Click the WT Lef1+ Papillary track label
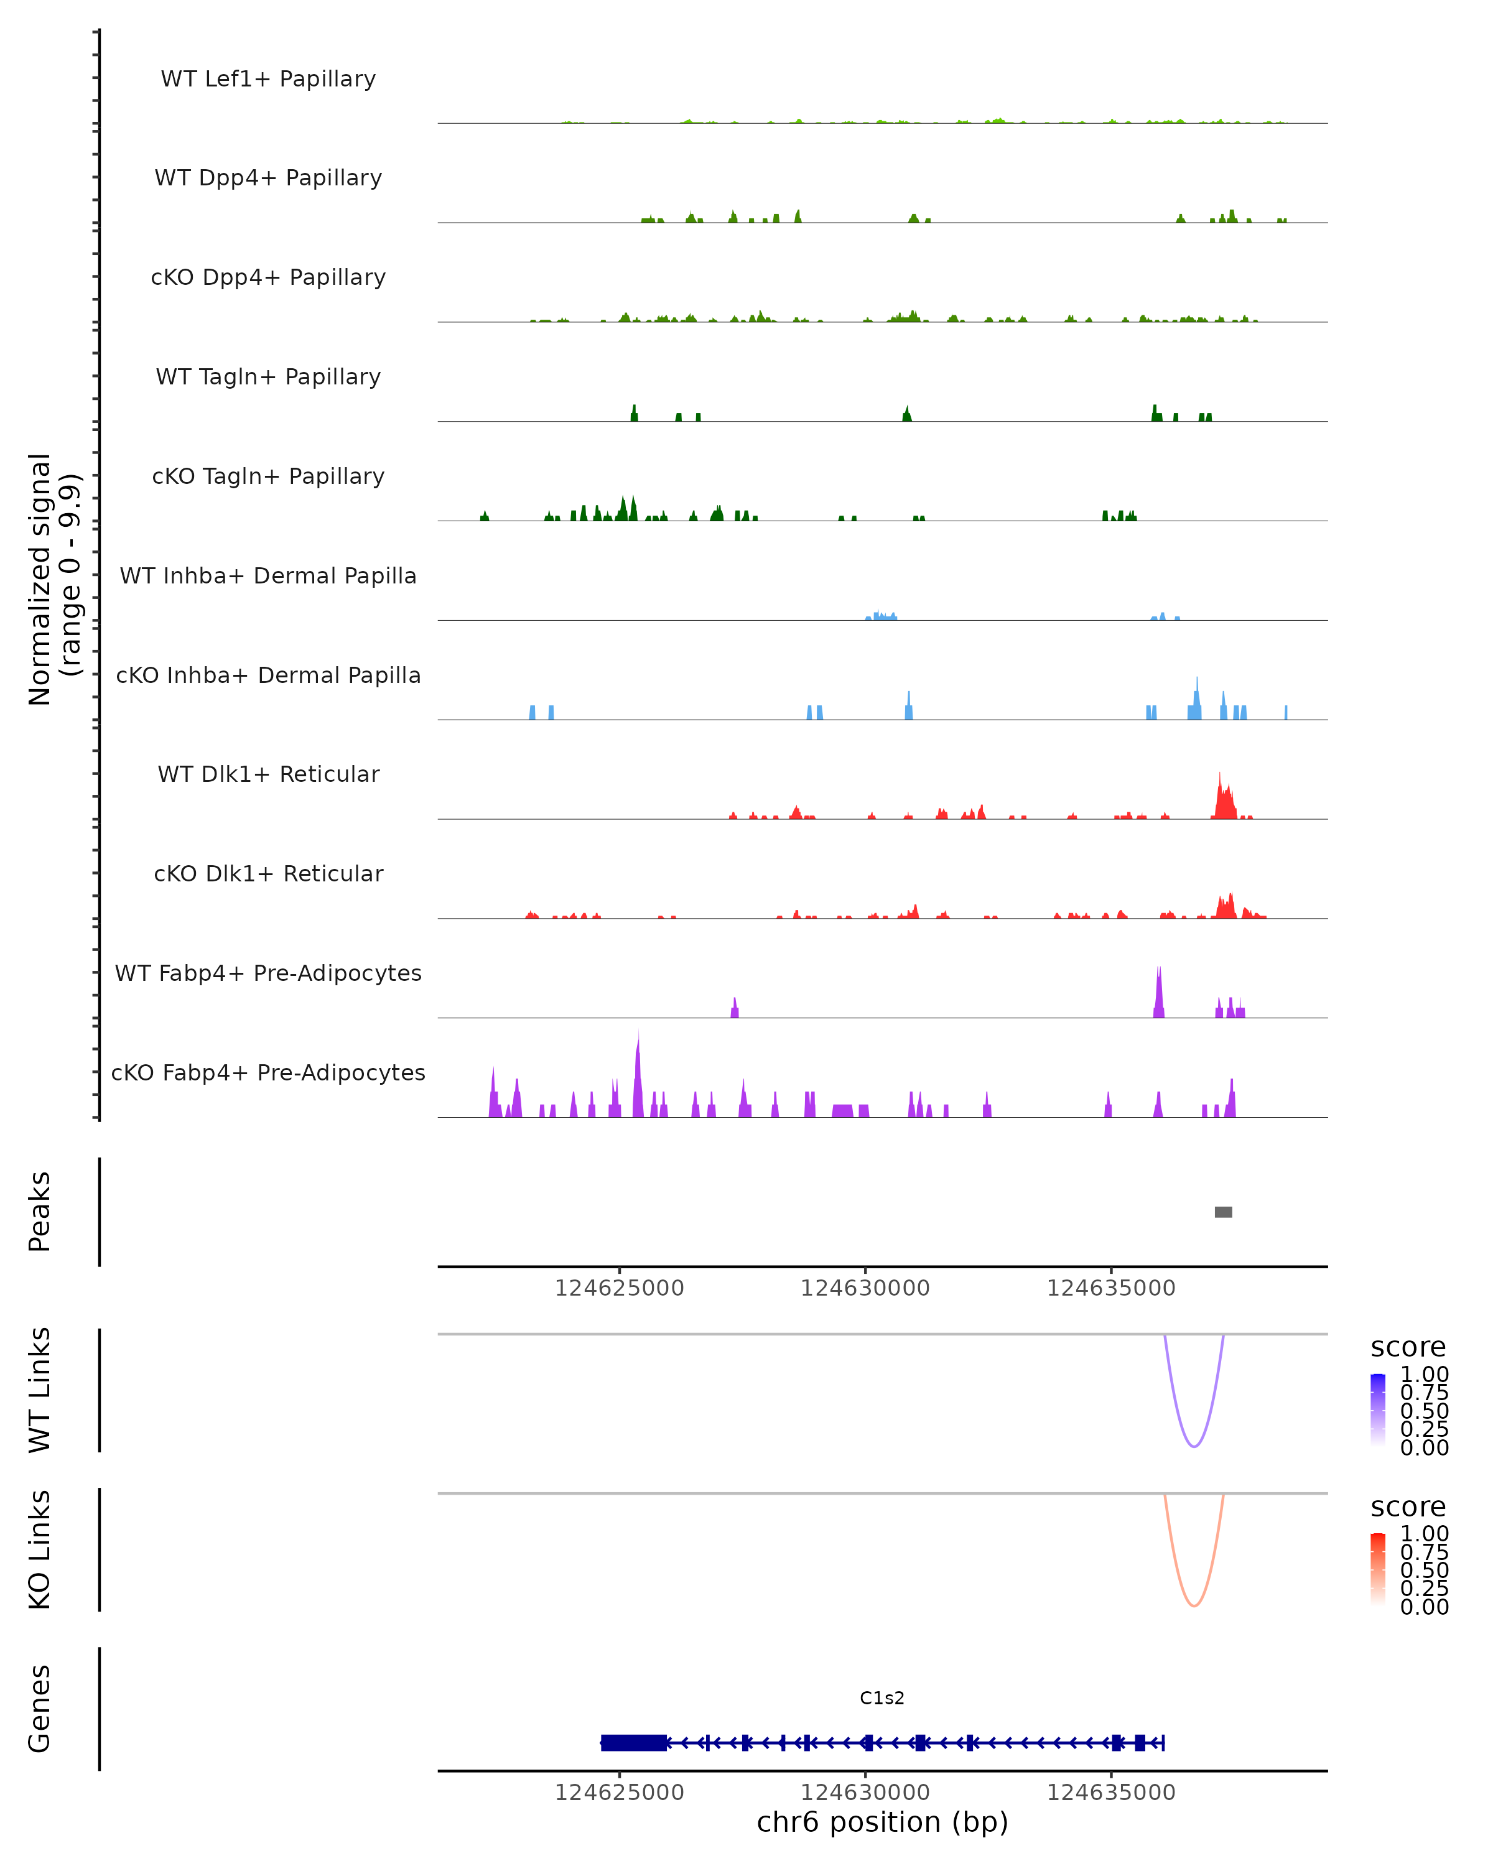pyautogui.click(x=268, y=79)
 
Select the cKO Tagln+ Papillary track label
pyautogui.click(x=268, y=476)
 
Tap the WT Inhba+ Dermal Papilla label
pyautogui.click(x=268, y=575)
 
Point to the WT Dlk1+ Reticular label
pyautogui.click(x=268, y=774)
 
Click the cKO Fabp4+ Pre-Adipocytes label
pyautogui.click(x=268, y=1072)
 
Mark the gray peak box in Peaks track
pyautogui.click(x=1223, y=1212)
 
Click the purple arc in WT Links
pyautogui.click(x=1194, y=1446)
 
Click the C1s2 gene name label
pyautogui.click(x=882, y=1698)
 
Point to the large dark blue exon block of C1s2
pyautogui.click(x=633, y=1742)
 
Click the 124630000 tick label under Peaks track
pyautogui.click(x=865, y=1288)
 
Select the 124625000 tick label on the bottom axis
pyautogui.click(x=619, y=1793)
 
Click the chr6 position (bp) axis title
pyautogui.click(x=882, y=1822)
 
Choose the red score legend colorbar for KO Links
pyautogui.click(x=1378, y=1569)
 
